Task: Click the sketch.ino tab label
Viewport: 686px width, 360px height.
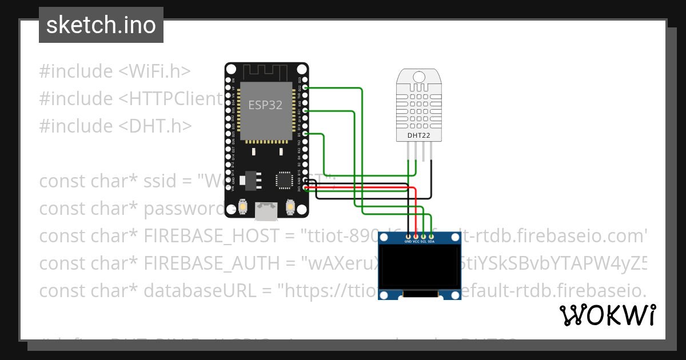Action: (x=101, y=25)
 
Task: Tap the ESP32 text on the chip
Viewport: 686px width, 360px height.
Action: (x=265, y=105)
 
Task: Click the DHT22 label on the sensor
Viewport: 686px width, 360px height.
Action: (x=419, y=135)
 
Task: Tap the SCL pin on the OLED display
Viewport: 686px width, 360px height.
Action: (x=424, y=237)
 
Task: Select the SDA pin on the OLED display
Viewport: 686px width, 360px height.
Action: (x=431, y=237)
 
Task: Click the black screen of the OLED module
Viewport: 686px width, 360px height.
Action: (x=420, y=267)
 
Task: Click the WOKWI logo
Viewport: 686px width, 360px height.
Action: (x=607, y=315)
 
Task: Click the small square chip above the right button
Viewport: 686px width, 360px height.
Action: (x=284, y=180)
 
